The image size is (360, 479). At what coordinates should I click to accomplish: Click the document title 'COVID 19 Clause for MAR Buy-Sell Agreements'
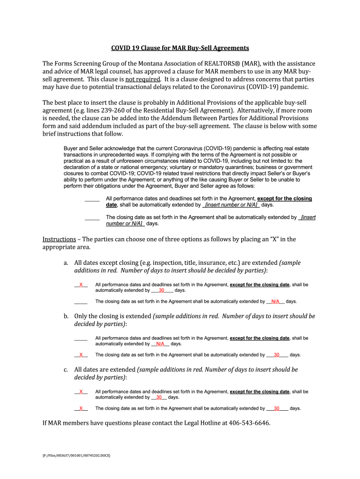[x=180, y=48]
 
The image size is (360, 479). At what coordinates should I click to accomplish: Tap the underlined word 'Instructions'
[x=59, y=239]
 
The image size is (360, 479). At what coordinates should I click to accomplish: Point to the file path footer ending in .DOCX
[x=75, y=454]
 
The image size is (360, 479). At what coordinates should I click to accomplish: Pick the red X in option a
[x=81, y=284]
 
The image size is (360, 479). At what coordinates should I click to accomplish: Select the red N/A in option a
[x=275, y=301]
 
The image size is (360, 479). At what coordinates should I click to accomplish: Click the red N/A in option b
[x=160, y=343]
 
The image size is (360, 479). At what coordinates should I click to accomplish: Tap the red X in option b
[x=81, y=355]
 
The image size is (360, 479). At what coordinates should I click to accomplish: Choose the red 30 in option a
[x=161, y=290]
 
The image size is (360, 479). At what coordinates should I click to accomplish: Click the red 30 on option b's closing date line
[x=277, y=355]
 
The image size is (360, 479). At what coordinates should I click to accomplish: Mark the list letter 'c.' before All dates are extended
[x=66, y=370]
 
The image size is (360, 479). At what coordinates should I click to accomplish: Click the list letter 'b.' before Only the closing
[x=66, y=316]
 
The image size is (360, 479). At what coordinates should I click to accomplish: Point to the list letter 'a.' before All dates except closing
[x=66, y=263]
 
